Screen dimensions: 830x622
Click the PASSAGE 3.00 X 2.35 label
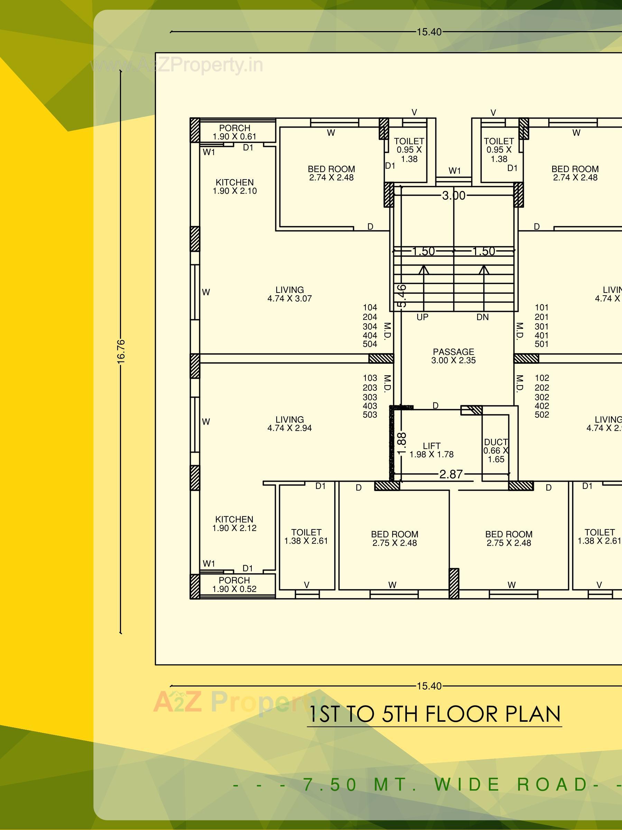tap(453, 356)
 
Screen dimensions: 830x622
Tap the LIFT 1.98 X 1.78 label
tap(431, 450)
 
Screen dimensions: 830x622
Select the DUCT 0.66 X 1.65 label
tap(495, 451)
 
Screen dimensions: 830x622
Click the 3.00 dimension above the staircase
tap(454, 196)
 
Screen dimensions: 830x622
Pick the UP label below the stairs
tap(423, 317)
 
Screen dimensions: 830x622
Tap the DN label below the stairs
tap(482, 317)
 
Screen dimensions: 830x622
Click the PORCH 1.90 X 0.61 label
tap(234, 132)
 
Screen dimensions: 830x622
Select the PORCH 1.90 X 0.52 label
tap(234, 584)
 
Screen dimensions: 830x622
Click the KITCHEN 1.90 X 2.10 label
tap(234, 186)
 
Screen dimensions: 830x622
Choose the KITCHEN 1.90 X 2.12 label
tap(234, 524)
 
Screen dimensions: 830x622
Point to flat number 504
tap(370, 344)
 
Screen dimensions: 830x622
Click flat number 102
tap(542, 378)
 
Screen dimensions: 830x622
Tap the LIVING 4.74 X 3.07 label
tap(289, 294)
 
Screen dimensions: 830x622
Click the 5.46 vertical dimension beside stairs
tap(401, 296)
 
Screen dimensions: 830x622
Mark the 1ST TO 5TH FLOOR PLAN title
tap(434, 714)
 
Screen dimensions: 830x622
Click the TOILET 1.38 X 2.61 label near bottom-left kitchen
tap(306, 537)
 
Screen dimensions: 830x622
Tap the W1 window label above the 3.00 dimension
tap(454, 171)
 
